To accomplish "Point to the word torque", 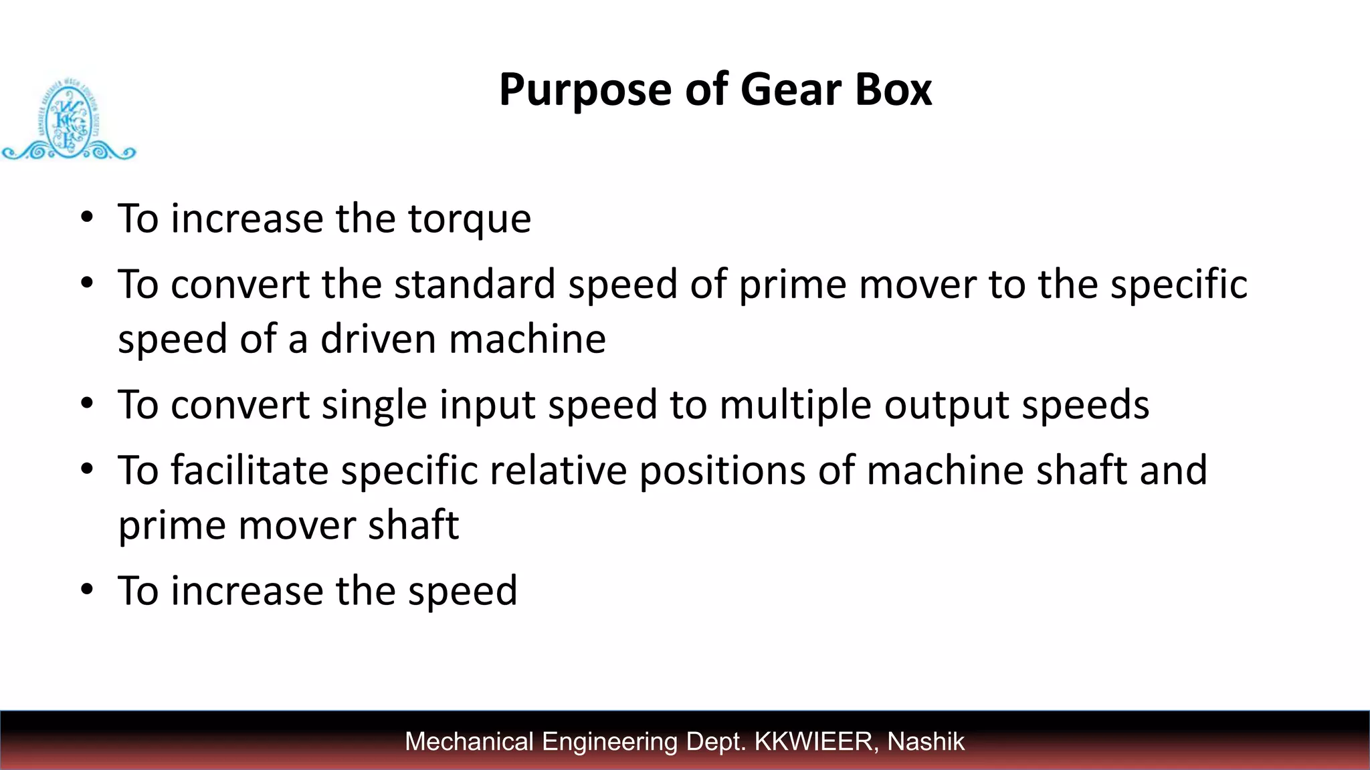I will tap(470, 220).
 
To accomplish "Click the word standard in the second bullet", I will tap(474, 284).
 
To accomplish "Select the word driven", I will tap(379, 339).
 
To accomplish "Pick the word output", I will tap(947, 406).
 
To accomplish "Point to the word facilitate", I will tap(250, 470).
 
